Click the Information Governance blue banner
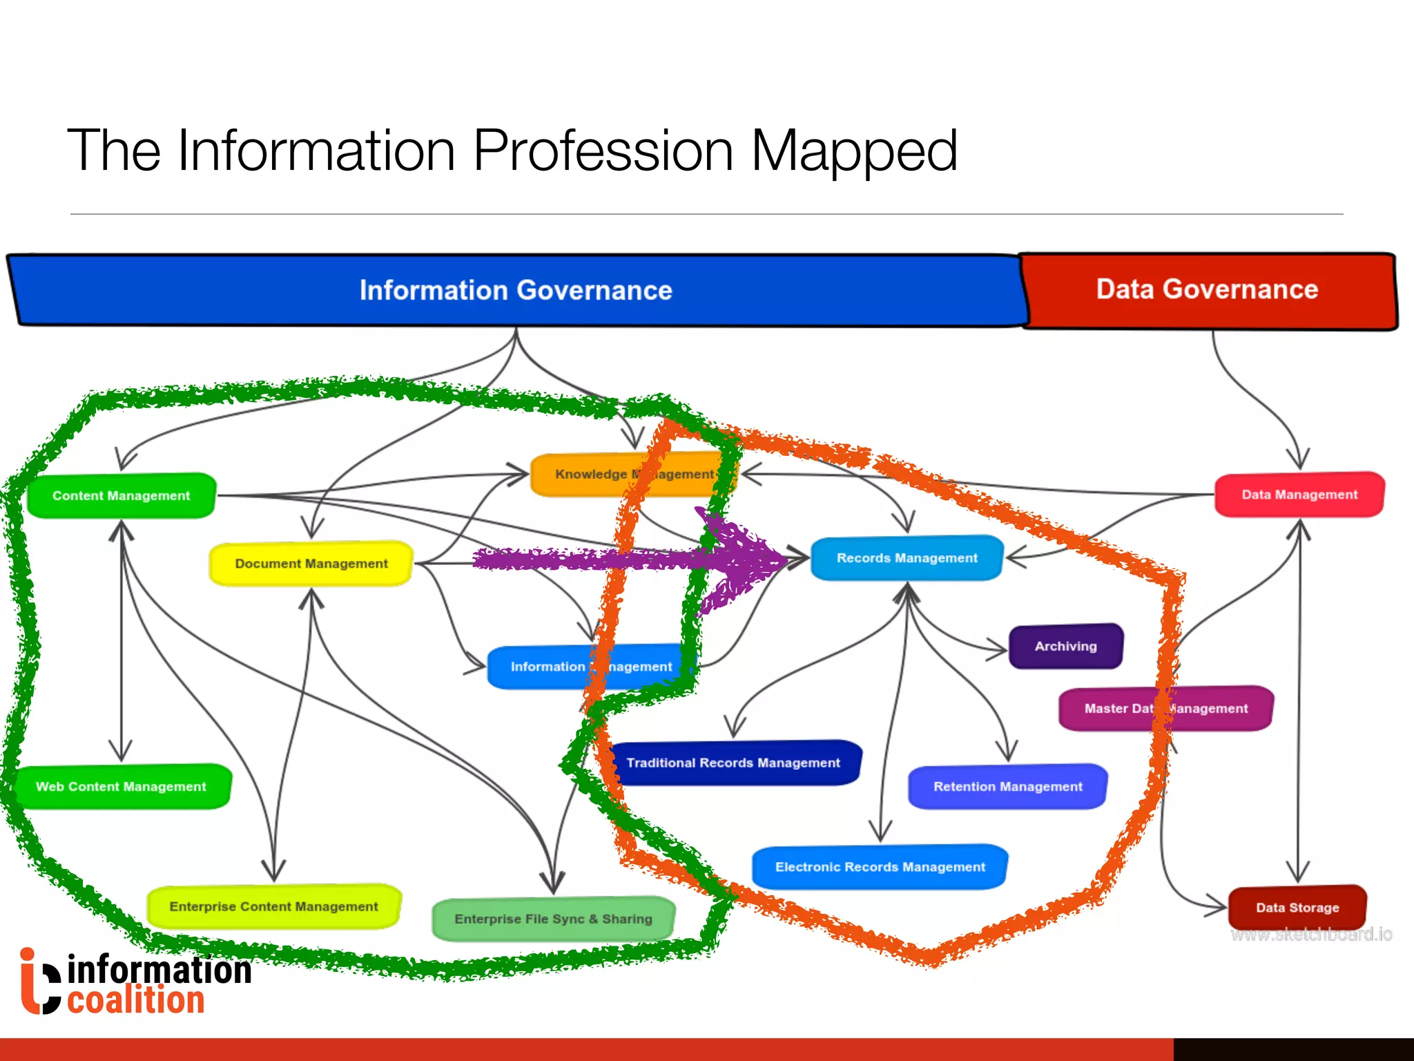pos(516,290)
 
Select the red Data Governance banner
pos(1208,290)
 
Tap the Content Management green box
pos(122,495)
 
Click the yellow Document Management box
pos(311,564)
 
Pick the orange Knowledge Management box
pos(633,475)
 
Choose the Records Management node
pos(907,558)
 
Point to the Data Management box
pos(1299,495)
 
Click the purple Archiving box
pos(1065,647)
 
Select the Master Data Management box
pos(1166,708)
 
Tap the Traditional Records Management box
pos(733,763)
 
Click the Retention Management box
pos(1008,786)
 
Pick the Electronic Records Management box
pos(880,867)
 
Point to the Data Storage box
pos(1297,908)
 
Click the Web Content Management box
pos(122,787)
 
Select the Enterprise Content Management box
pos(274,906)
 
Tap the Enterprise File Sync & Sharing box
pos(553,919)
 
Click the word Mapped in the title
pos(853,151)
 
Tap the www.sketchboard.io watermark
pos(1311,935)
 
